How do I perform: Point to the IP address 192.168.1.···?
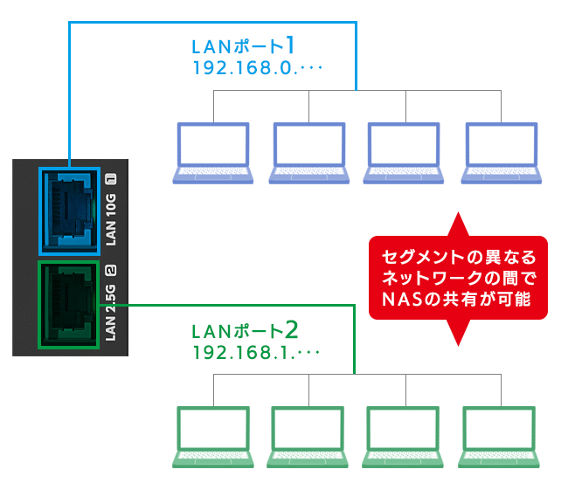pyautogui.click(x=256, y=354)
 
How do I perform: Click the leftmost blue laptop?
pyautogui.click(x=213, y=152)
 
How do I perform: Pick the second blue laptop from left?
pyautogui.click(x=309, y=152)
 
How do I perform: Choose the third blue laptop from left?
pyautogui.click(x=405, y=152)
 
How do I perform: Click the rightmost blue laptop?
pyautogui.click(x=501, y=152)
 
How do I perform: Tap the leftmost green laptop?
pyautogui.click(x=213, y=437)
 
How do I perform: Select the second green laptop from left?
pyautogui.click(x=309, y=437)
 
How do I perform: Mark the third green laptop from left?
pyautogui.click(x=405, y=437)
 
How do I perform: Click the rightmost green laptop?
pyautogui.click(x=501, y=437)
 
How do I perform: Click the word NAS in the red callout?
pyautogui.click(x=405, y=300)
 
